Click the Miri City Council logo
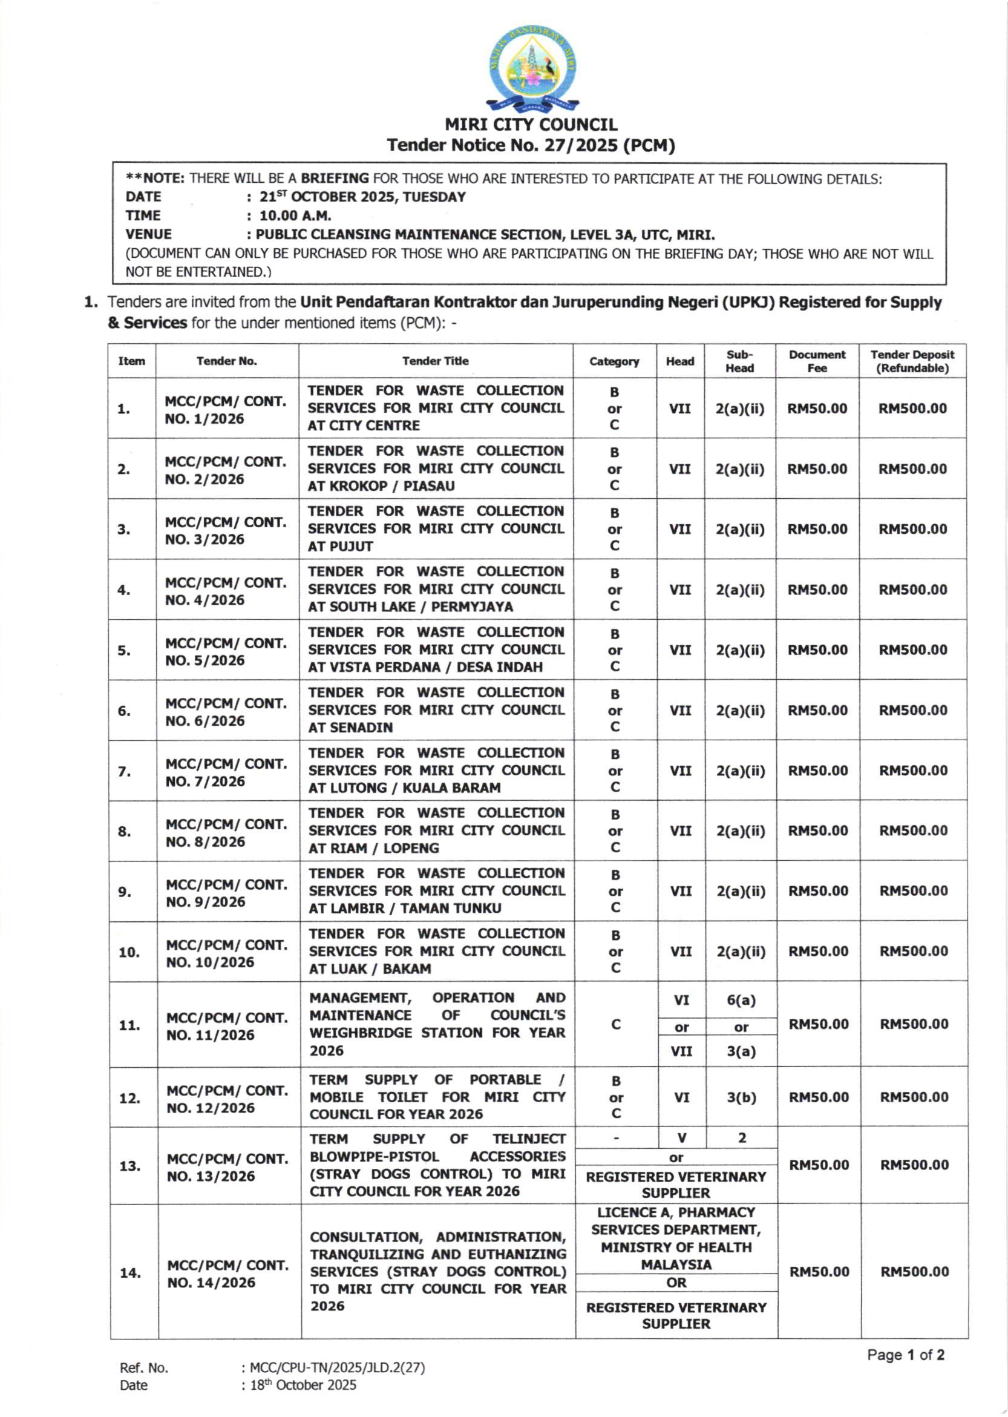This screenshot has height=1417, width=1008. pyautogui.click(x=532, y=71)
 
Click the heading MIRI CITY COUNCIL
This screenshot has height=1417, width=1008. pyautogui.click(x=531, y=125)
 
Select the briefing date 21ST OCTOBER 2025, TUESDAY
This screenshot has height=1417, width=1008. pyautogui.click(x=362, y=197)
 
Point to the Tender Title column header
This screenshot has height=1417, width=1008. pyautogui.click(x=435, y=361)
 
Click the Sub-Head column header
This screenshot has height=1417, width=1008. pyautogui.click(x=739, y=361)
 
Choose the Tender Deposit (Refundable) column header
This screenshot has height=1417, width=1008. pyautogui.click(x=912, y=361)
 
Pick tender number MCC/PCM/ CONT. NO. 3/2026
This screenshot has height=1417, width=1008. pyautogui.click(x=226, y=530)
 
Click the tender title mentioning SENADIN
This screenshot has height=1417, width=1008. pyautogui.click(x=436, y=710)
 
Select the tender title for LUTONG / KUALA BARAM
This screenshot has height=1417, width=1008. pyautogui.click(x=436, y=770)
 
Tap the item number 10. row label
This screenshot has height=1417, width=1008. pyautogui.click(x=129, y=952)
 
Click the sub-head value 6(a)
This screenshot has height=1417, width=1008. pyautogui.click(x=741, y=1001)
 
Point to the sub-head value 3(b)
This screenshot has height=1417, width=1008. pyautogui.click(x=741, y=1097)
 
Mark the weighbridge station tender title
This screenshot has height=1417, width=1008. pyautogui.click(x=437, y=1024)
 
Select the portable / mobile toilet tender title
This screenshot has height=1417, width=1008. pyautogui.click(x=437, y=1097)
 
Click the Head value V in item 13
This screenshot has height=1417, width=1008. pyautogui.click(x=681, y=1137)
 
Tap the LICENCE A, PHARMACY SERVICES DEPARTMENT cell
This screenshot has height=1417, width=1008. pyautogui.click(x=676, y=1238)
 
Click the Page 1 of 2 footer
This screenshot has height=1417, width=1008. pyautogui.click(x=906, y=1355)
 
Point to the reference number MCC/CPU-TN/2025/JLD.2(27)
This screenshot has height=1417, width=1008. pyautogui.click(x=337, y=1367)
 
